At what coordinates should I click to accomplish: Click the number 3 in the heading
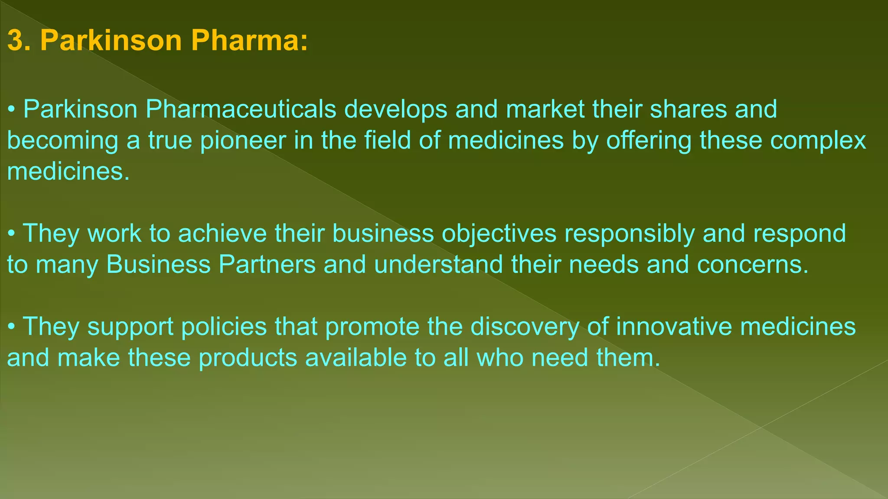(15, 41)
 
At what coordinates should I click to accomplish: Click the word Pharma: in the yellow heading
(249, 41)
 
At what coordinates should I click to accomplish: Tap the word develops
(395, 109)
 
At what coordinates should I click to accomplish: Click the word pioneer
(243, 141)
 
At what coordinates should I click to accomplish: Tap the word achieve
(222, 233)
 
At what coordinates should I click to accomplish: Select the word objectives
(499, 233)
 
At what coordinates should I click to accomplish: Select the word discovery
(525, 327)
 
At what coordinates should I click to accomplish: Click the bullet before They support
(12, 327)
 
